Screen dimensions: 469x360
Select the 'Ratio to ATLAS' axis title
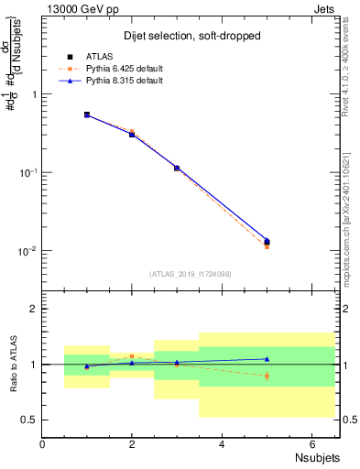[x=12, y=364]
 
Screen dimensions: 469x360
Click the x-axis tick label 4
[x=222, y=443]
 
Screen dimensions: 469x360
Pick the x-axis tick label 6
[x=311, y=443]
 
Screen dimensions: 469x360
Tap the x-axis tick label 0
[x=42, y=443]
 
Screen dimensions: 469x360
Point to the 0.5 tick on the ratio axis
[x=30, y=420]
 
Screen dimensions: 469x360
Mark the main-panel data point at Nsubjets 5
[x=267, y=242]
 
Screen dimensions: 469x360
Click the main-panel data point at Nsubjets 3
[x=177, y=168]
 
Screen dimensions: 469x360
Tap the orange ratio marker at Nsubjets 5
[x=267, y=376]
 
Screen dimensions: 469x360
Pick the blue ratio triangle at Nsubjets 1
[x=87, y=366]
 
